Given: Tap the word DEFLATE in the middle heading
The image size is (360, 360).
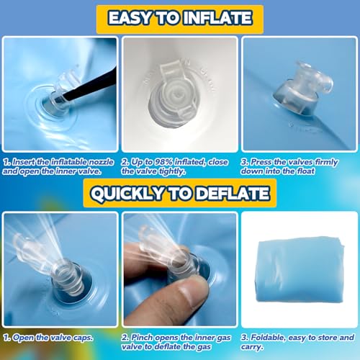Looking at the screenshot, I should point(231,194).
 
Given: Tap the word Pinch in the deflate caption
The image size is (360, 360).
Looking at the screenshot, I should point(144,336).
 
